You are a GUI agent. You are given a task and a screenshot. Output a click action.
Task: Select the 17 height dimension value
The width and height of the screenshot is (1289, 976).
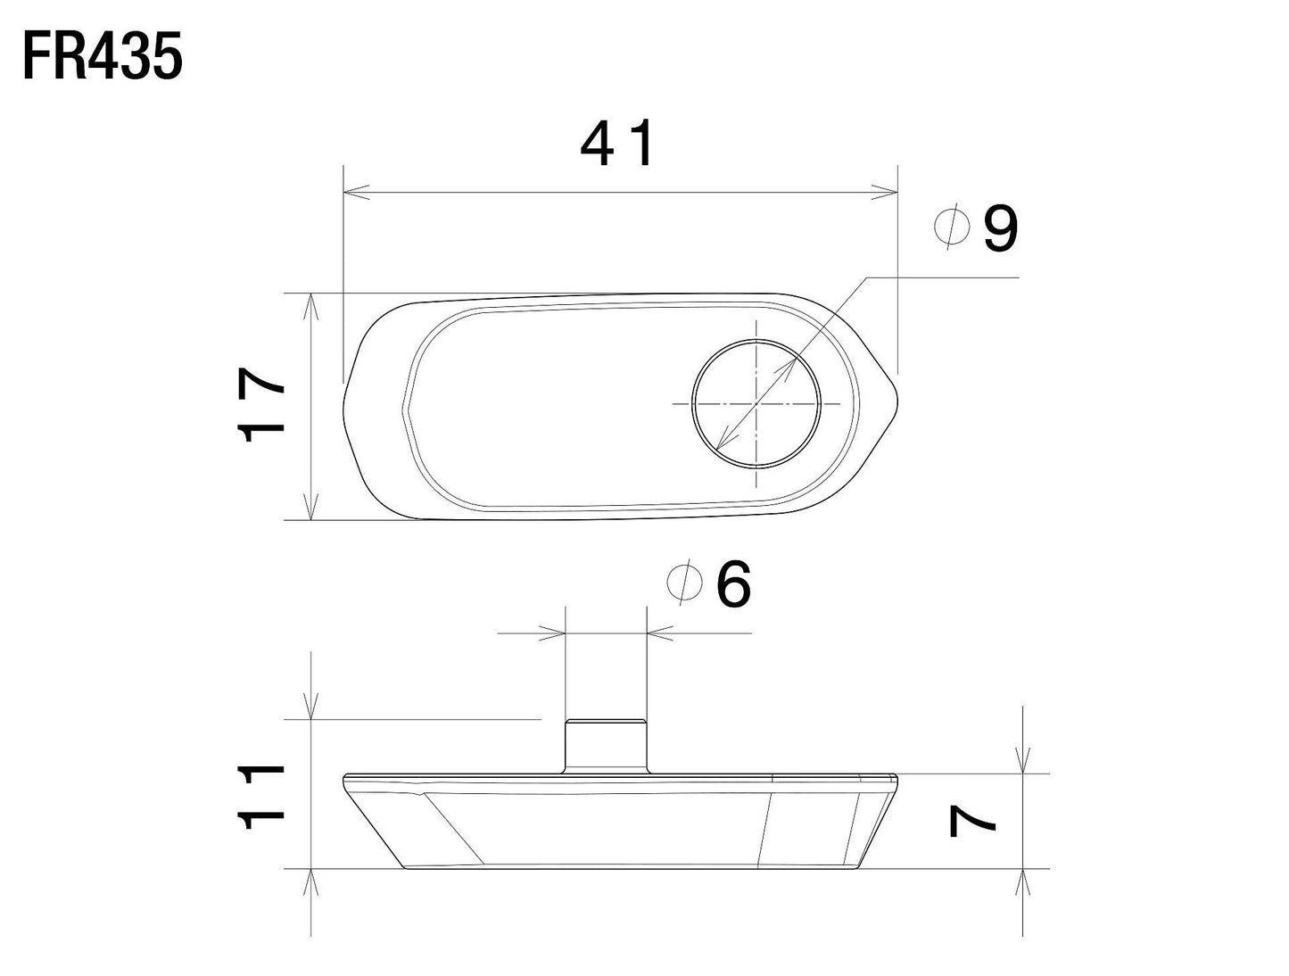[261, 406]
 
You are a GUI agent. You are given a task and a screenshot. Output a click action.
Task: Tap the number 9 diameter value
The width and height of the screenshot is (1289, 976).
[1000, 228]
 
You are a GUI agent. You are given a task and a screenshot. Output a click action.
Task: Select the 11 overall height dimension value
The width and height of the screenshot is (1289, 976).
[261, 797]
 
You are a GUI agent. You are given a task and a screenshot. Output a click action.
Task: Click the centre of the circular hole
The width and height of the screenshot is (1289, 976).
[756, 403]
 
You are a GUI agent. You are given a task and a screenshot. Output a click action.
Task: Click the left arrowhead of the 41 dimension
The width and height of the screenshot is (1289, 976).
[355, 192]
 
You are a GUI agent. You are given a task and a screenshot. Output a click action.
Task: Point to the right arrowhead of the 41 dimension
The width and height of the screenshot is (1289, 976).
[886, 192]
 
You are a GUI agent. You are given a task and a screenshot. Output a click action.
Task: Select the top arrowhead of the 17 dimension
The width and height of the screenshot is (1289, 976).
[310, 305]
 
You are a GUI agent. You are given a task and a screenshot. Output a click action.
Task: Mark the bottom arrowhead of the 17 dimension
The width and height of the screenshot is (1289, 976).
[310, 508]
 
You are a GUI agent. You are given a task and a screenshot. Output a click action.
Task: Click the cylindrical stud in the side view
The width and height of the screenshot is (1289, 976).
[606, 745]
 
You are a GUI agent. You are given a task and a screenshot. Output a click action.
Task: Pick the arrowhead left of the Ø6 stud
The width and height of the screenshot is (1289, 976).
[554, 633]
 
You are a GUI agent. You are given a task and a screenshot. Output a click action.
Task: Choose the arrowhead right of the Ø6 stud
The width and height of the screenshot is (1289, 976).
[658, 633]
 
